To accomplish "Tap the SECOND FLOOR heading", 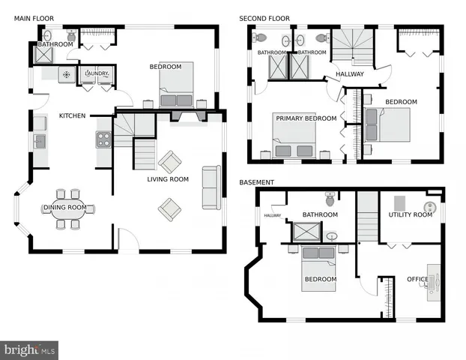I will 264,18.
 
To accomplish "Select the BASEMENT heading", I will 257,182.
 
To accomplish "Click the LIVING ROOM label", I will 167,179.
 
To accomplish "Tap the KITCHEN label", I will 73,115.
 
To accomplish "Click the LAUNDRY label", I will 97,73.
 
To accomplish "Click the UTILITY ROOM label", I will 410,214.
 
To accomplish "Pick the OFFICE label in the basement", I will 417,279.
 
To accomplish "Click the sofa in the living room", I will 211,187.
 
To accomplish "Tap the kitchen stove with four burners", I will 103,139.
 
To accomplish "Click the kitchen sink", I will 39,140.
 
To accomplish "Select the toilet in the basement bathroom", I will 330,199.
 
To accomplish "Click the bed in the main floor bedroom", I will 177,88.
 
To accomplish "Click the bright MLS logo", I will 30,349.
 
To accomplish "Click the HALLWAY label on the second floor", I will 349,74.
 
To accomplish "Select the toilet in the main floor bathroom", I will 72,35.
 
